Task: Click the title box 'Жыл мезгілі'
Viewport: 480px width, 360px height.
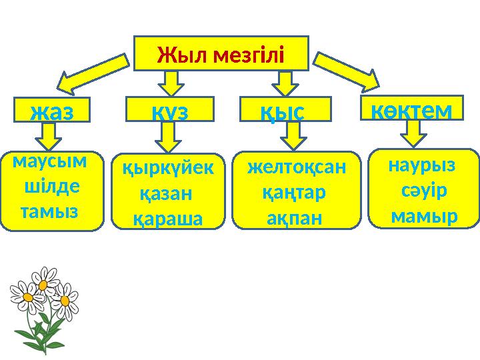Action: click(221, 53)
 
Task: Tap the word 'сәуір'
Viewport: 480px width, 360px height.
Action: click(424, 189)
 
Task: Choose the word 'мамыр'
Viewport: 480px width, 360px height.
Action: click(424, 216)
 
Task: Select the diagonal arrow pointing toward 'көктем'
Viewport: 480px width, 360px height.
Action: click(347, 72)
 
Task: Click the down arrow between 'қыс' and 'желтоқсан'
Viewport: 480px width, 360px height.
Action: click(291, 138)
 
